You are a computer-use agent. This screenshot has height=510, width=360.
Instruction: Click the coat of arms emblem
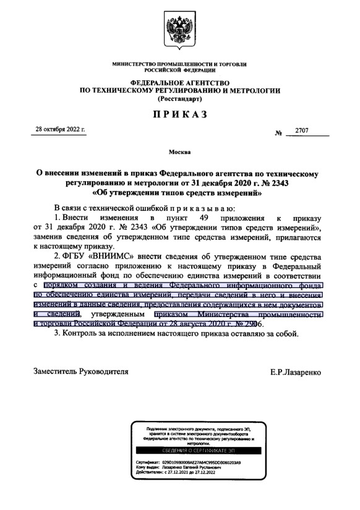tap(180, 32)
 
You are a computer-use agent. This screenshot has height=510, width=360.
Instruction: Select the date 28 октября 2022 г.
tap(61, 130)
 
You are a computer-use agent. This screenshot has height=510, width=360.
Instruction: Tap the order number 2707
tap(302, 132)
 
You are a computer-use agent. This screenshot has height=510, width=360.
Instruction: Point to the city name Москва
tap(179, 152)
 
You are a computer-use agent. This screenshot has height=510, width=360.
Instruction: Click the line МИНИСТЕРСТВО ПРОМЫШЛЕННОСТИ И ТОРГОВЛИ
tap(180, 64)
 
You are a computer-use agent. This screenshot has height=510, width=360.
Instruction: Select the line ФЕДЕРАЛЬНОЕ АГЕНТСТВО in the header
tap(180, 82)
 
